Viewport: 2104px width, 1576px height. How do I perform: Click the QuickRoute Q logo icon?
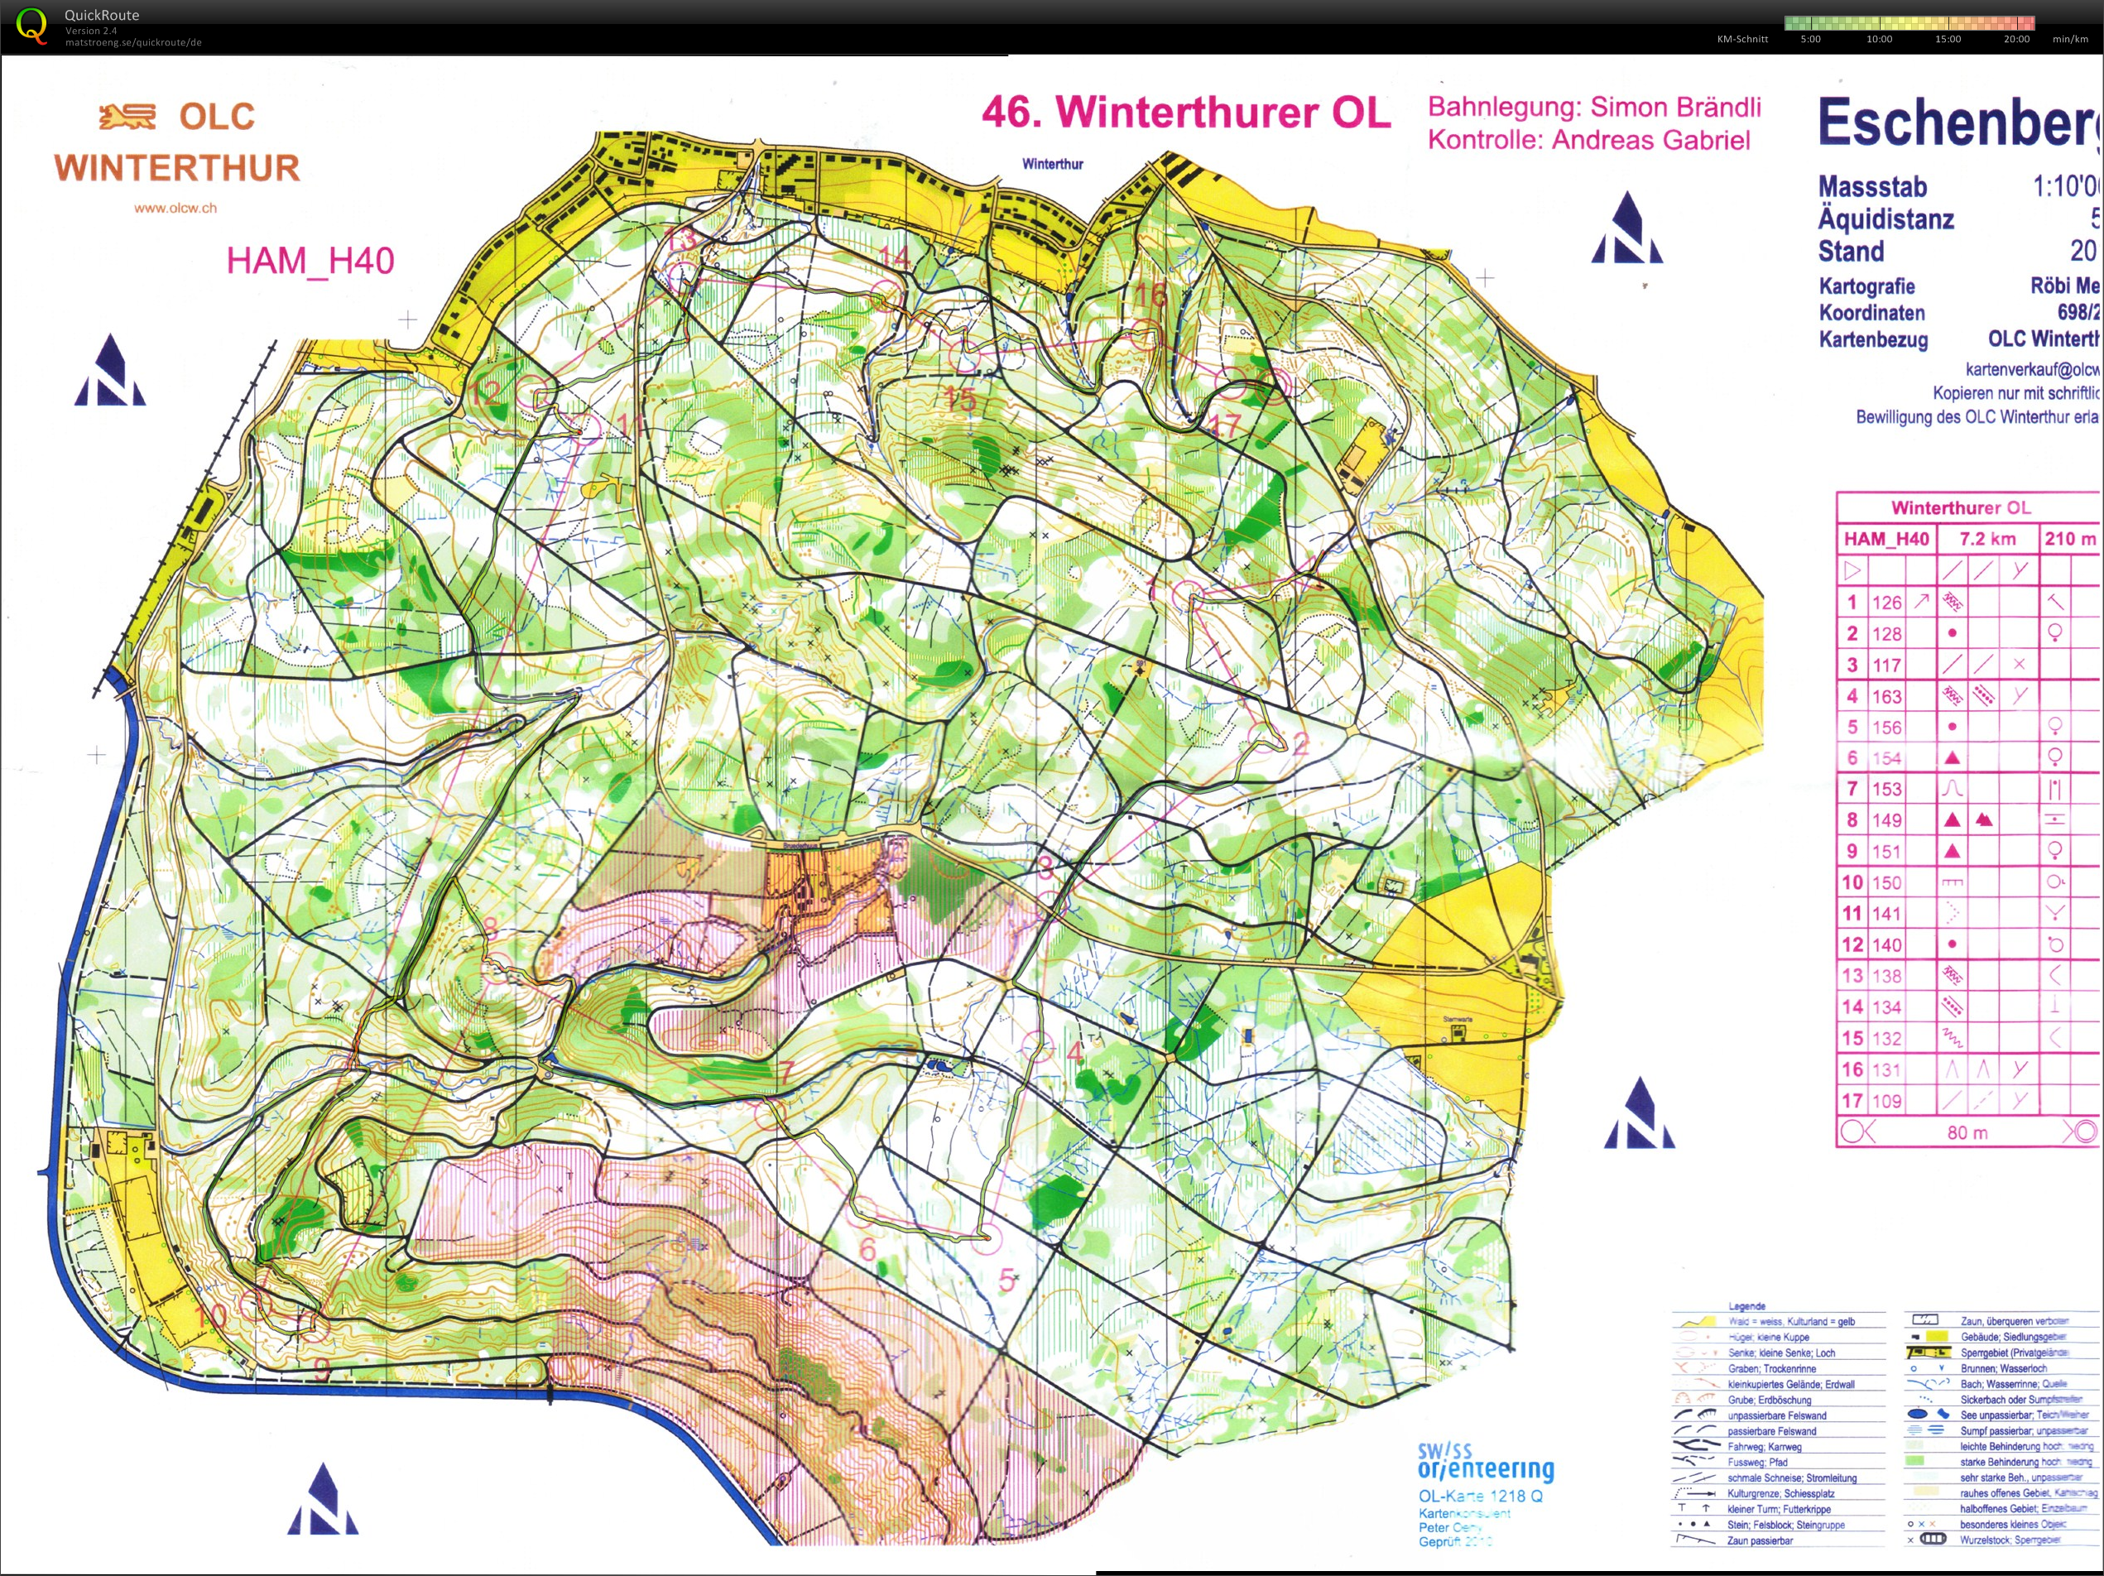31,25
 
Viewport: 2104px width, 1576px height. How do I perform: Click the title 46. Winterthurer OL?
1185,113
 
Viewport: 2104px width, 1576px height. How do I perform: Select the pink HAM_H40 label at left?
310,261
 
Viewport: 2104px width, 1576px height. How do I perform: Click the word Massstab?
1872,186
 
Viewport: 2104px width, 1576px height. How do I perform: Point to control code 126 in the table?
1886,602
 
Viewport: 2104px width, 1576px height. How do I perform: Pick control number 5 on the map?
1007,1280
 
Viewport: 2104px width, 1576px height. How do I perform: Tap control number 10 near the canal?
210,1316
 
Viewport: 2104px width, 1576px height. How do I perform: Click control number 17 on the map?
1225,425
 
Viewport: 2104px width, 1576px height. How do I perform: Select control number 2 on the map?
1300,744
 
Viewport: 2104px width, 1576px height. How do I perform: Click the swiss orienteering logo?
1485,1462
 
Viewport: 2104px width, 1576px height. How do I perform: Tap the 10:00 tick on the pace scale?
1879,39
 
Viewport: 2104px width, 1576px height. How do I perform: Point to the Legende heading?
1746,1307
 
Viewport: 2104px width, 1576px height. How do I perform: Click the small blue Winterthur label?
1052,164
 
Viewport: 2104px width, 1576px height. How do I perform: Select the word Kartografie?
1866,286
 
